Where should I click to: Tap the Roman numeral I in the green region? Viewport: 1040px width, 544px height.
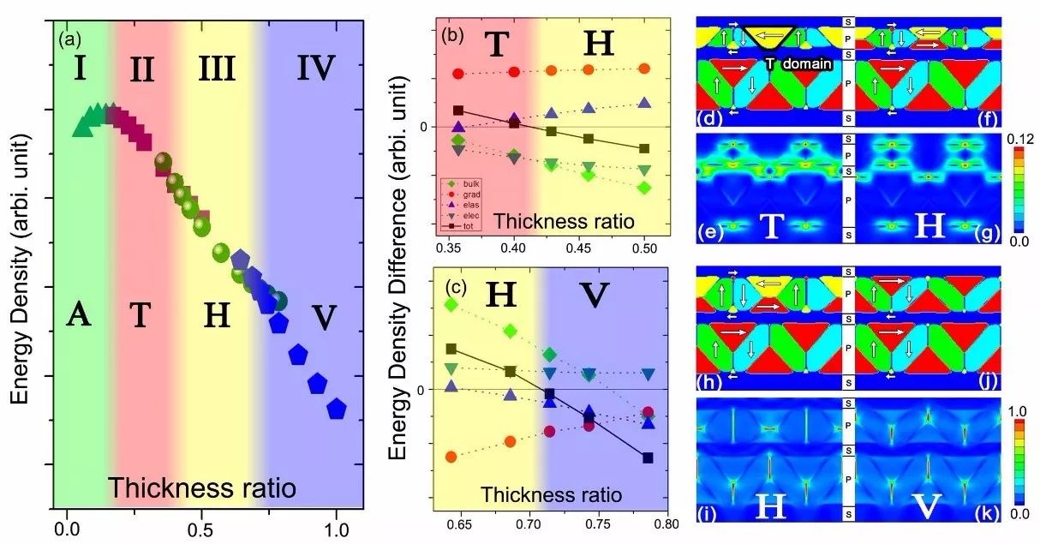click(79, 67)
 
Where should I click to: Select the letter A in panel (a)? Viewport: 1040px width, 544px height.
click(79, 316)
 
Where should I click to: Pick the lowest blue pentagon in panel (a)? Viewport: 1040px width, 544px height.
click(337, 409)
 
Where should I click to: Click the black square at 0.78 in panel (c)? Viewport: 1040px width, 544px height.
click(649, 457)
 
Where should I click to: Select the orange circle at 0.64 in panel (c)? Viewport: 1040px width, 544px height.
click(451, 457)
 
